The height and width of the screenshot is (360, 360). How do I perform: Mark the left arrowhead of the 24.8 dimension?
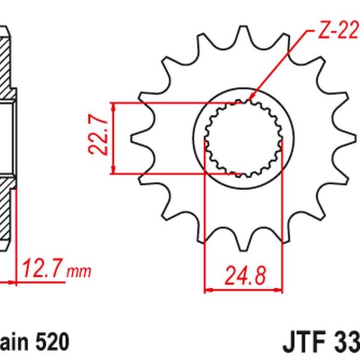point(209,289)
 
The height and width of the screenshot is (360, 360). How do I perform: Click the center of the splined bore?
point(243,138)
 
